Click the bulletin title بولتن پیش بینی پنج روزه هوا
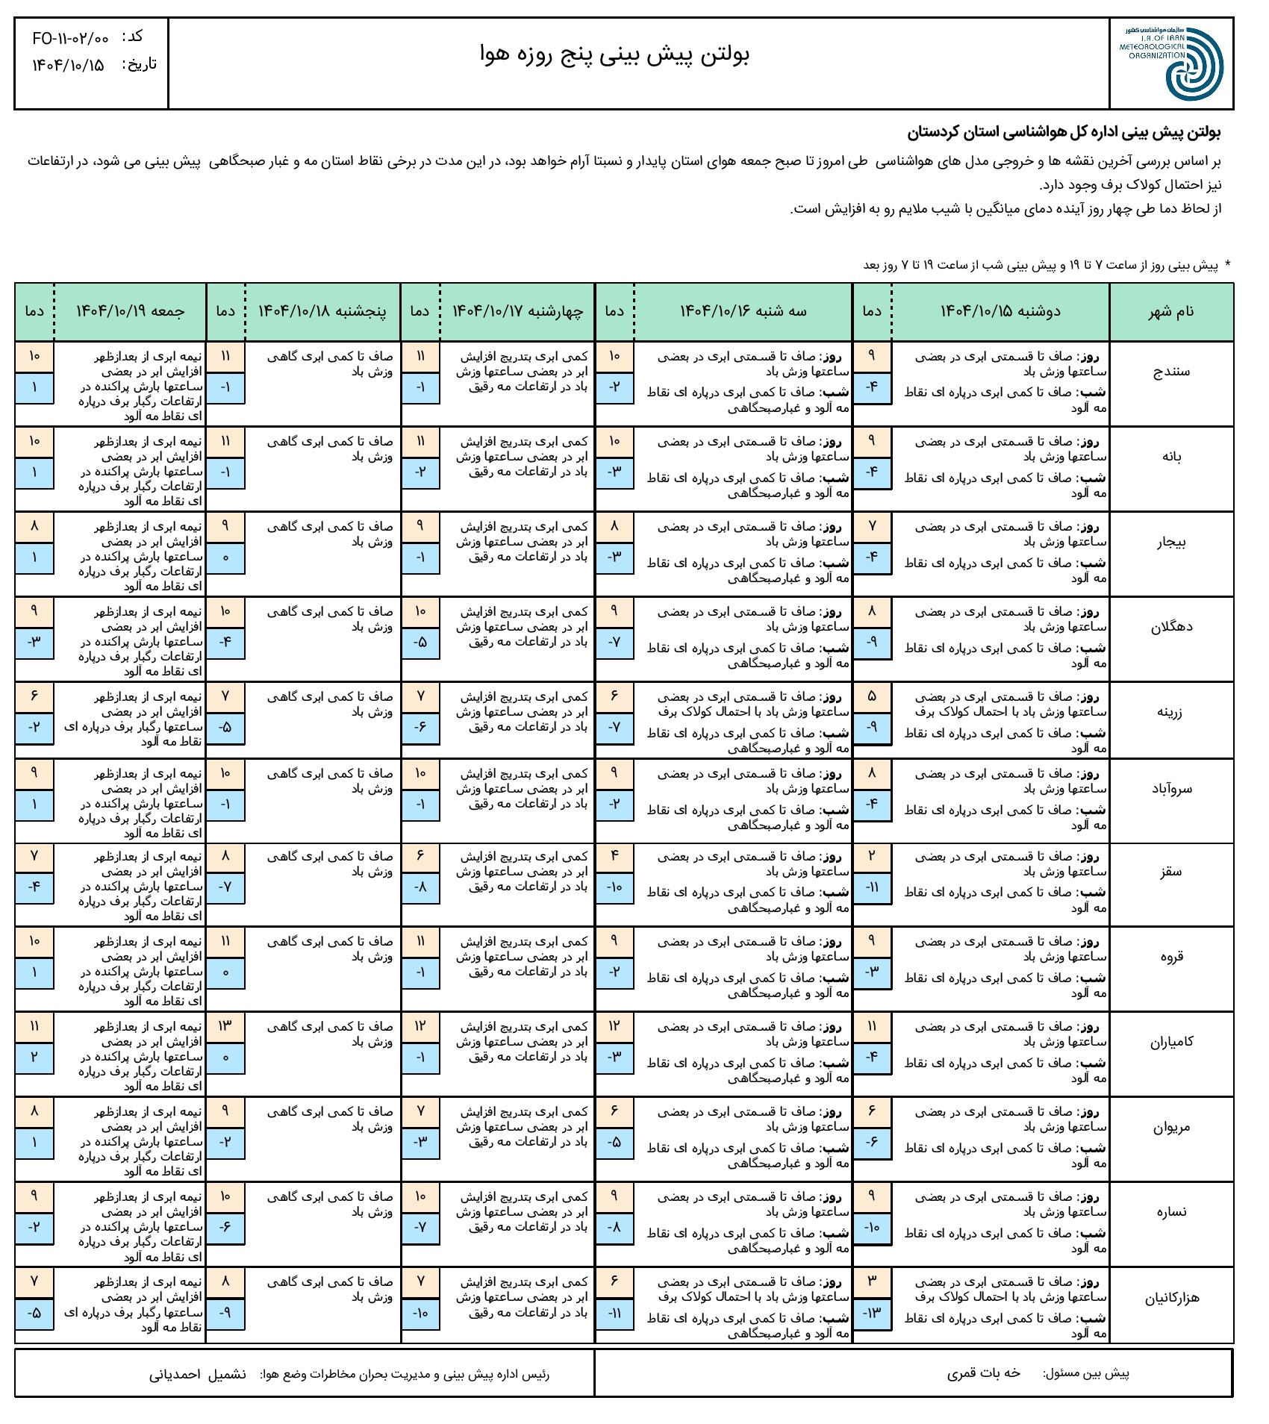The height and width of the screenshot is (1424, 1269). pyautogui.click(x=614, y=54)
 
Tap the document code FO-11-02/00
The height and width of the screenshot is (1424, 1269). pyautogui.click(x=71, y=38)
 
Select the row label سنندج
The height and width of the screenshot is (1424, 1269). pyautogui.click(x=1171, y=371)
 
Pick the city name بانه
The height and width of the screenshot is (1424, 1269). pyautogui.click(x=1171, y=456)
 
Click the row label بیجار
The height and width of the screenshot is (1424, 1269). pyautogui.click(x=1171, y=542)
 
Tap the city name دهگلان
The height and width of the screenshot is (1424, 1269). pyautogui.click(x=1171, y=627)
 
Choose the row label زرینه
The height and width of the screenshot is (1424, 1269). pyautogui.click(x=1171, y=712)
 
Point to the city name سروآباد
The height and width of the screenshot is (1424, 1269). pyautogui.click(x=1171, y=789)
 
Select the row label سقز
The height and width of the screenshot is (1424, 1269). pyautogui.click(x=1171, y=872)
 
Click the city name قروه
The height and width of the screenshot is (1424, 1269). pyautogui.click(x=1171, y=957)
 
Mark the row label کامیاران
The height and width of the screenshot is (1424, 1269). pyautogui.click(x=1171, y=1042)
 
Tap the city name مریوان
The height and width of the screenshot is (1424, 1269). pyautogui.click(x=1171, y=1127)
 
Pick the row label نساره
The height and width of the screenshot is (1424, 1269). pyautogui.click(x=1171, y=1212)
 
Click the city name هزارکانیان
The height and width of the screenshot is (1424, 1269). pyautogui.click(x=1171, y=1298)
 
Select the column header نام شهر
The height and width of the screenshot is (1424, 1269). pyautogui.click(x=1171, y=312)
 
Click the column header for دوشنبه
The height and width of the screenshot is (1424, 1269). pyautogui.click(x=1000, y=311)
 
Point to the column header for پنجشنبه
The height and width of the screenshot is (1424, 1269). pyautogui.click(x=322, y=311)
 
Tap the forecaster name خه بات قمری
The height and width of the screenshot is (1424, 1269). pyautogui.click(x=983, y=1373)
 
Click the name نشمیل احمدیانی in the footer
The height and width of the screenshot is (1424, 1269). pyautogui.click(x=198, y=1374)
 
